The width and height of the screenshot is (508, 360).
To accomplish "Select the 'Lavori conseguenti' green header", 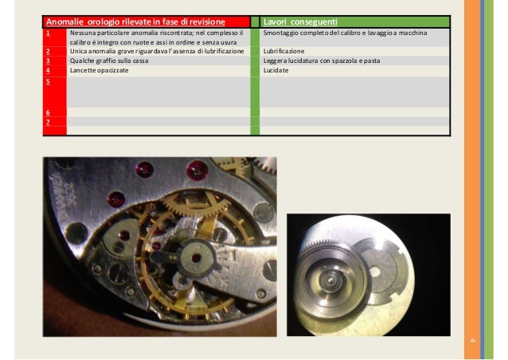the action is point(300,22).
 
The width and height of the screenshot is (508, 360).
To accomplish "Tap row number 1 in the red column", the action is point(48,33).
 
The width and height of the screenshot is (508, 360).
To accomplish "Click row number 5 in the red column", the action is point(48,81).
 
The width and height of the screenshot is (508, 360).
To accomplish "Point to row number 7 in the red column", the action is point(48,122).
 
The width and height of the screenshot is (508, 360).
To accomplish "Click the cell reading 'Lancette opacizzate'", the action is point(100,70).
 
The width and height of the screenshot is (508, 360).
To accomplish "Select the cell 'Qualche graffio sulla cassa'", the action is point(109,61).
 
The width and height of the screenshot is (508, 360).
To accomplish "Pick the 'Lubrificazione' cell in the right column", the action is point(283,51).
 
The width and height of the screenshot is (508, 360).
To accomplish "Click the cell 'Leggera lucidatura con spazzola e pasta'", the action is point(322,61).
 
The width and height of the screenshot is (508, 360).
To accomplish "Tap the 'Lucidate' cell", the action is point(276,70).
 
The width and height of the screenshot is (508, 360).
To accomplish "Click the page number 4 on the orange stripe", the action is point(472,340).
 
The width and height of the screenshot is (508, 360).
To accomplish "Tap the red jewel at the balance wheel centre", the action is point(196,258).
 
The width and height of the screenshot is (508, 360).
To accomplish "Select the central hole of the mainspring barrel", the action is point(330,279).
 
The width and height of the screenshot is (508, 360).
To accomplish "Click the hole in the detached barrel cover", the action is point(375,272).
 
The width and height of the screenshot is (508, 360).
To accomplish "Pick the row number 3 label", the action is point(48,61).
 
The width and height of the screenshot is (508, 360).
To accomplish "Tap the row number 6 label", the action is point(48,112).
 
